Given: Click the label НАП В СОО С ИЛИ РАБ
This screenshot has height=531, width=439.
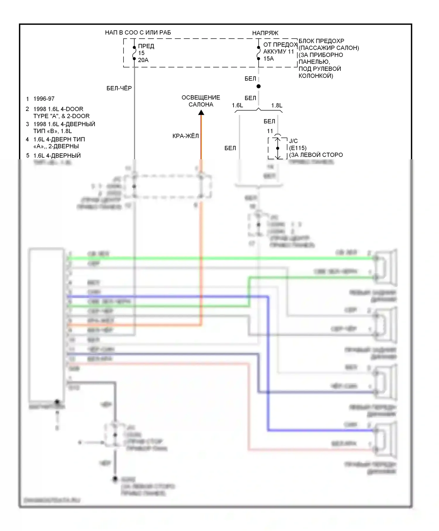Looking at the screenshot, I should pos(138,32).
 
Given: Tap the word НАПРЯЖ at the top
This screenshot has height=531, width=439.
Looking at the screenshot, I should pos(265,33).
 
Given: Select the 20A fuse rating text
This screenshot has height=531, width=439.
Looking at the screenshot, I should pos(143,60).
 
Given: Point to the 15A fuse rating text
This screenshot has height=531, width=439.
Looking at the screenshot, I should pos(268,59).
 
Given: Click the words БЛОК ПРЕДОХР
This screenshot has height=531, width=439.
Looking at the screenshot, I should pos(321,41).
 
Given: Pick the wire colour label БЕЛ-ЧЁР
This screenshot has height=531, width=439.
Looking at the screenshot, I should pos(119,88).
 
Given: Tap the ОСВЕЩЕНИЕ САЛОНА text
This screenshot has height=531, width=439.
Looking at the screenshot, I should pos(201,101).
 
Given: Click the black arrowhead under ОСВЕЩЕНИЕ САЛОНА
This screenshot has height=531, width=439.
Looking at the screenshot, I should pos(201,113).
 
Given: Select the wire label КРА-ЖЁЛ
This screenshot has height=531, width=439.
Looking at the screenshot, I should pos(186,136).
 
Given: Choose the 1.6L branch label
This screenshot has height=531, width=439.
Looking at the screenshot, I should pos(237,105).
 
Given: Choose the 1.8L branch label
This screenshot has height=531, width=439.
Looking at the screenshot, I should pos(277,105).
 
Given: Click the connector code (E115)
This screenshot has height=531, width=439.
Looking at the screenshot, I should pos(298,148).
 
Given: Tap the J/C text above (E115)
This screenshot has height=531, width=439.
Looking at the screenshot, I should pos(293,141).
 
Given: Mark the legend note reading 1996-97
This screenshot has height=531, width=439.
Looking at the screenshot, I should pos(44,99).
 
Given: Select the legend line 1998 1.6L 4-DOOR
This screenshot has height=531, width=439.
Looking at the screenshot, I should pos(58,109).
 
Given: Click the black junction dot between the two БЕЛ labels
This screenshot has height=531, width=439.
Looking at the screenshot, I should pos(258,86).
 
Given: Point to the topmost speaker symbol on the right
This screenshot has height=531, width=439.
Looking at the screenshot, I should pos(386,267).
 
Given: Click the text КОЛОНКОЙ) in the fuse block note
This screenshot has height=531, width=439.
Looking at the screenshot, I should pos(315,76).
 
